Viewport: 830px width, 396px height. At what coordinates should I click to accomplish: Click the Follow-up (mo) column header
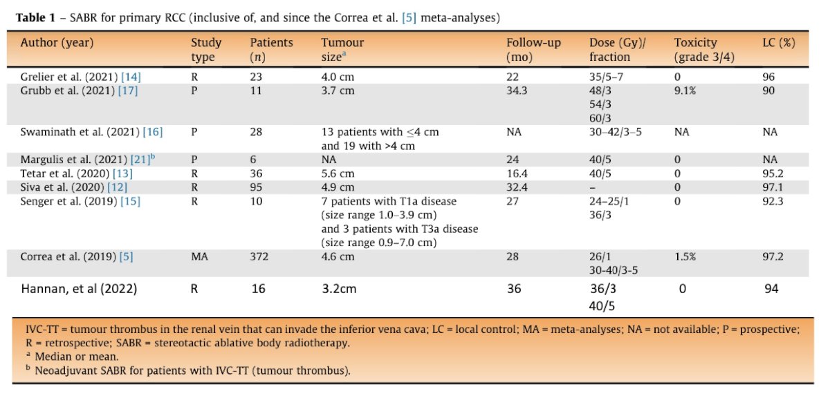coord(533,50)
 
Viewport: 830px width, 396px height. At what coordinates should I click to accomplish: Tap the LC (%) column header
coord(779,43)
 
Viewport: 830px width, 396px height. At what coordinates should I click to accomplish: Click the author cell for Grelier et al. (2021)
coord(81,77)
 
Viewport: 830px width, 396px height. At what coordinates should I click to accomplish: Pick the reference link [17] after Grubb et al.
coord(128,91)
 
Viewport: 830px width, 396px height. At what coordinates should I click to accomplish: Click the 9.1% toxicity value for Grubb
coord(685,91)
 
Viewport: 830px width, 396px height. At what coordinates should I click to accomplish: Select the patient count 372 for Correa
coord(259,256)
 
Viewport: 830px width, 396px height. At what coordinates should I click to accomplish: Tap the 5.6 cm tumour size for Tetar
coord(338,173)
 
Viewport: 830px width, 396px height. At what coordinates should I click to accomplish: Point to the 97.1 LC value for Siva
coord(773,187)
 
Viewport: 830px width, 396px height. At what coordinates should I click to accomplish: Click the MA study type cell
coord(199,256)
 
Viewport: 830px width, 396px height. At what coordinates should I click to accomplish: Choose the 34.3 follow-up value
coord(517,91)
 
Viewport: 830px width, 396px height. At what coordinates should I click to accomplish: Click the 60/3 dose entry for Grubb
coord(600,118)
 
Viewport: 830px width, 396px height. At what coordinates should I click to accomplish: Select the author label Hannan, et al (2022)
coord(79,289)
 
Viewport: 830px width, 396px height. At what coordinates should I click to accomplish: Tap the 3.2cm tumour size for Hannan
coord(339,289)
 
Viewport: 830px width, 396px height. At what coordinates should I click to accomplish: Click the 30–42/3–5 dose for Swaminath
coord(616,132)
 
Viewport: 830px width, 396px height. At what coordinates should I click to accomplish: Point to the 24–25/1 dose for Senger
coord(608,201)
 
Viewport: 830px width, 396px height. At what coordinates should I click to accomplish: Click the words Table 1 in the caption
coord(35,18)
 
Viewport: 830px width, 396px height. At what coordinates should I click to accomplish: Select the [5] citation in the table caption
coord(409,18)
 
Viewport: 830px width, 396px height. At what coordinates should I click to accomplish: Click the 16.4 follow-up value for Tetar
coord(517,173)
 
